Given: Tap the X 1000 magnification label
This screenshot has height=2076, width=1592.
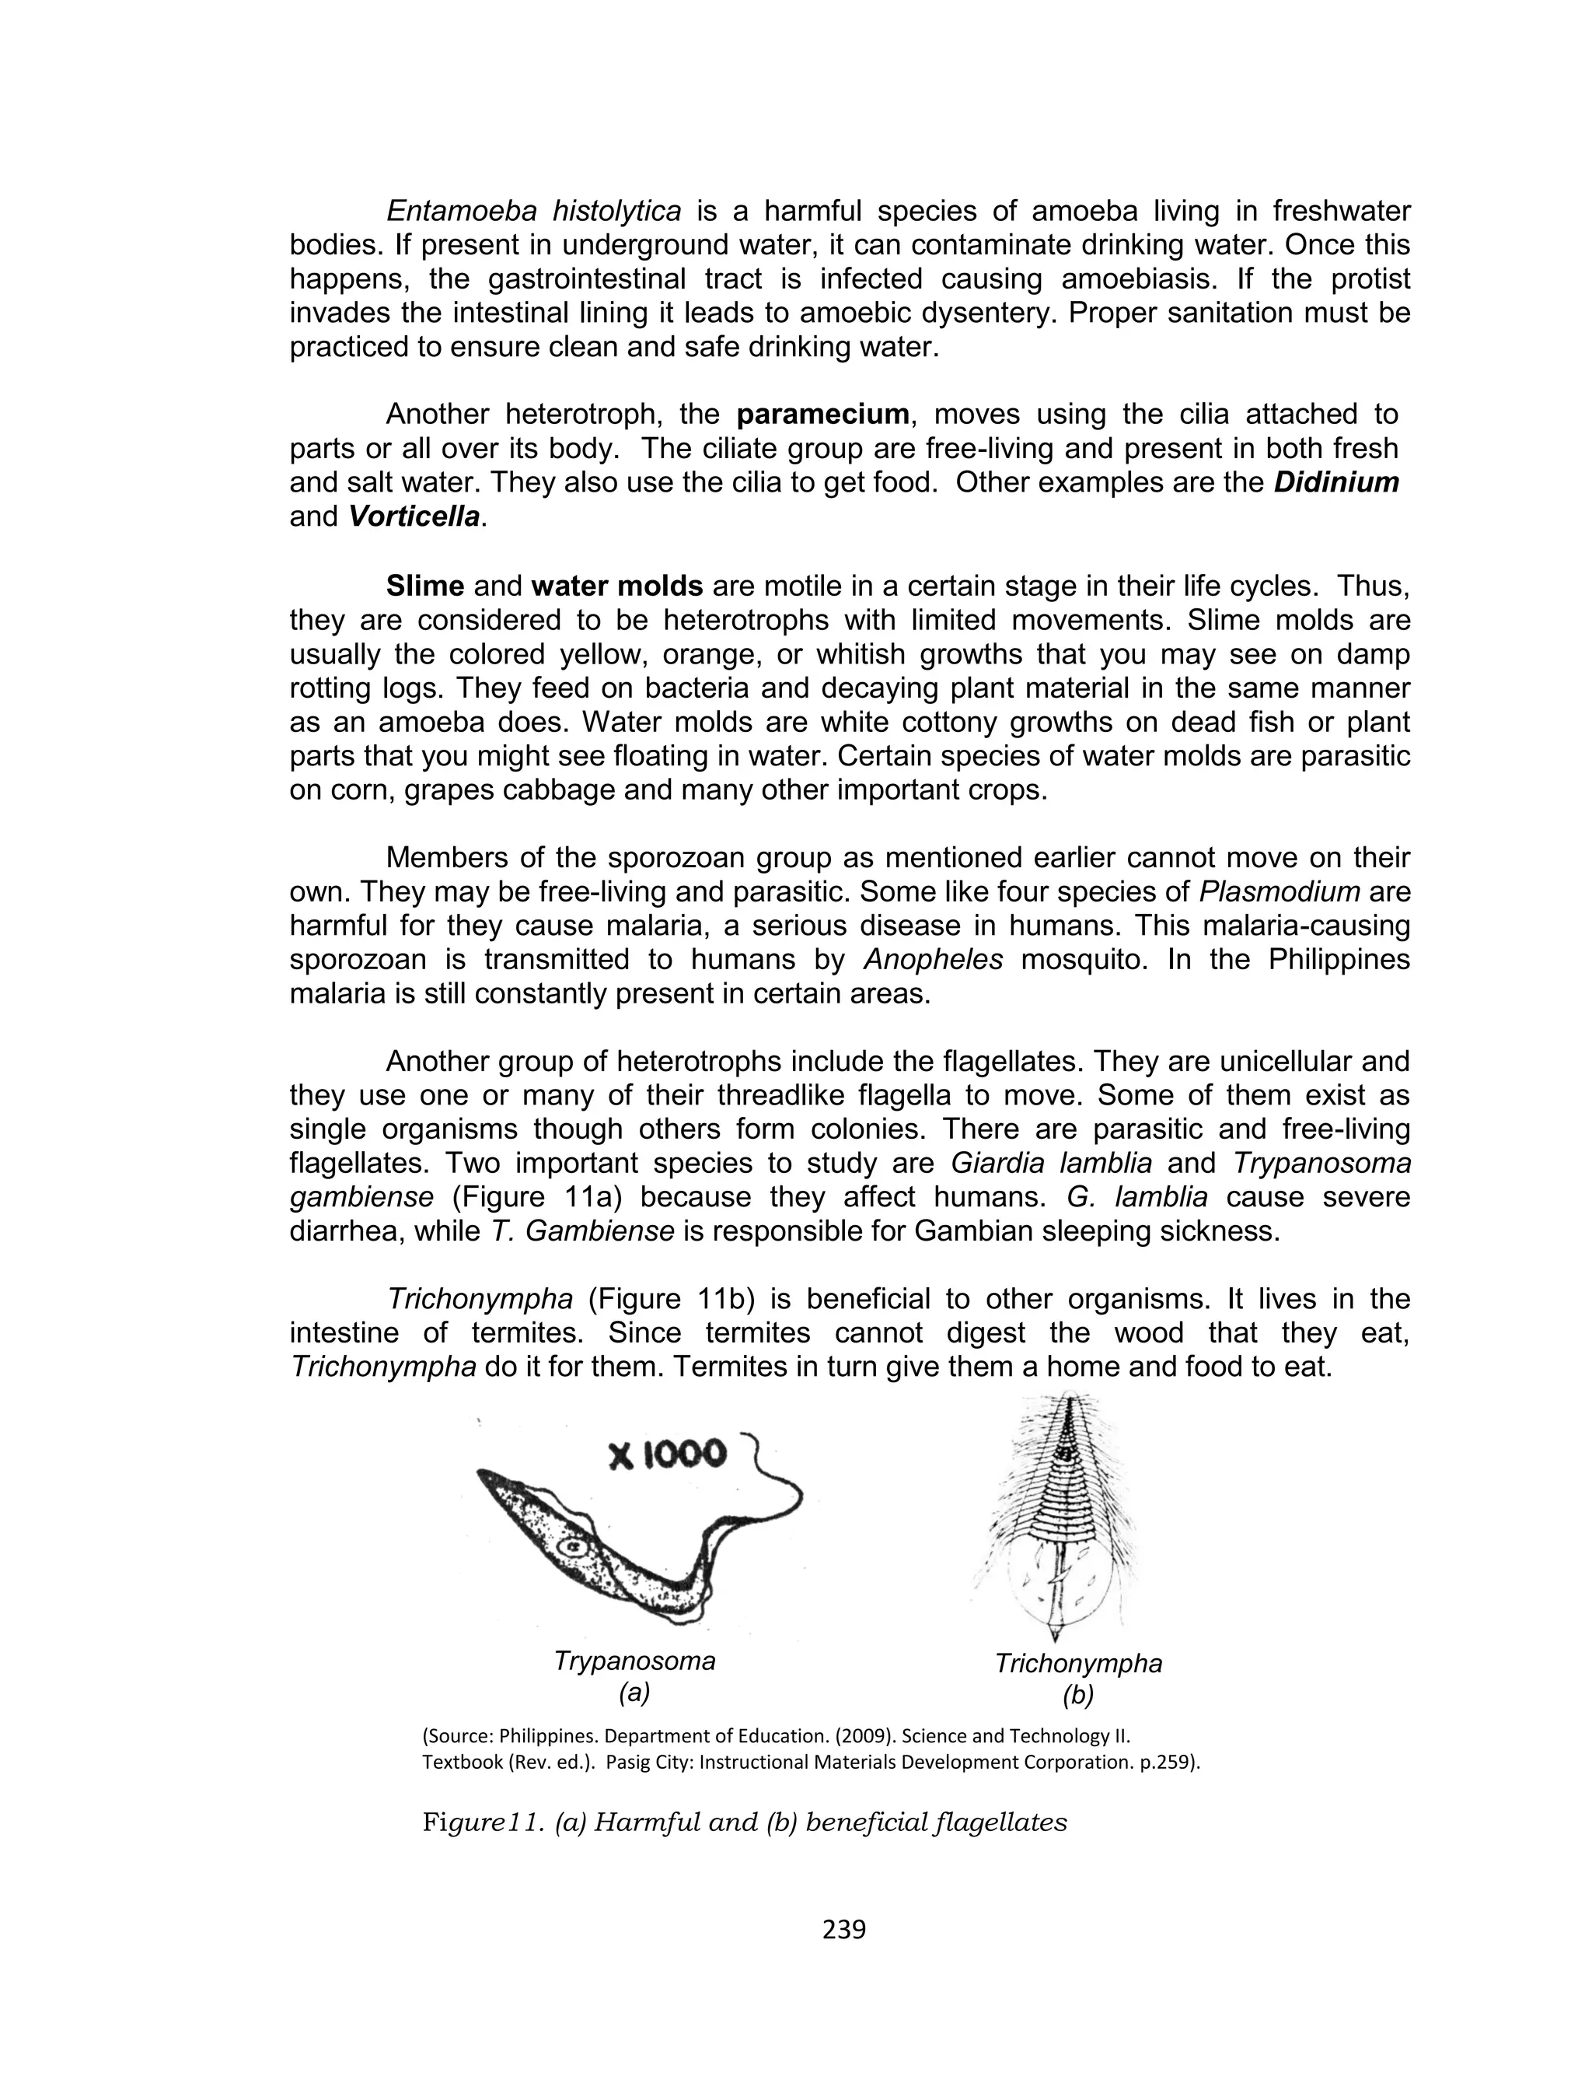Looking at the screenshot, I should pyautogui.click(x=667, y=1455).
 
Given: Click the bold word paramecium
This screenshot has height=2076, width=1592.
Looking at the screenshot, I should pyautogui.click(x=822, y=415).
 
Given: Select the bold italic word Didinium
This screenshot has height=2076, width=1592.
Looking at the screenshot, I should pyautogui.click(x=1335, y=482).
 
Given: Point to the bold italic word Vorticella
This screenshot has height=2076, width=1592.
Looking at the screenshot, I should pyautogui.click(x=414, y=516).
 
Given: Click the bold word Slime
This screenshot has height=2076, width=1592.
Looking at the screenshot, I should pyautogui.click(x=424, y=586).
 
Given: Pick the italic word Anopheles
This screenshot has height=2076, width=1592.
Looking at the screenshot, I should pyautogui.click(x=933, y=959).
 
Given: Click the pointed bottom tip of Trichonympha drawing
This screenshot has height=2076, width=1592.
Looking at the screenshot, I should pyautogui.click(x=1055, y=1637).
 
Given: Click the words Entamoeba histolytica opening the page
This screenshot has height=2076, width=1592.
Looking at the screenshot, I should pyautogui.click(x=533, y=211).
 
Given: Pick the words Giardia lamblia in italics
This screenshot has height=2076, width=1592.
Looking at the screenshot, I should pyautogui.click(x=1052, y=1162).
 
